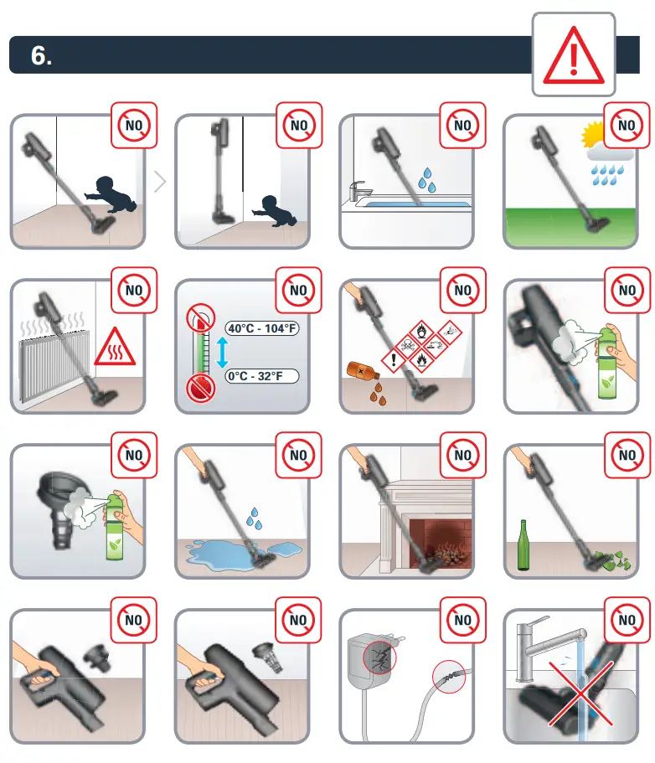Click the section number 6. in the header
[x=41, y=56]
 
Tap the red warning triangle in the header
[x=574, y=57]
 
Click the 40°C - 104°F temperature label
[x=262, y=328]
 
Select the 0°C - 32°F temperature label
[x=260, y=377]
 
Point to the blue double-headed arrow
[x=222, y=353]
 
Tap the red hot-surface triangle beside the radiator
[x=115, y=348]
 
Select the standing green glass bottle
[x=525, y=547]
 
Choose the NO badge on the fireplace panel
[x=462, y=456]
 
